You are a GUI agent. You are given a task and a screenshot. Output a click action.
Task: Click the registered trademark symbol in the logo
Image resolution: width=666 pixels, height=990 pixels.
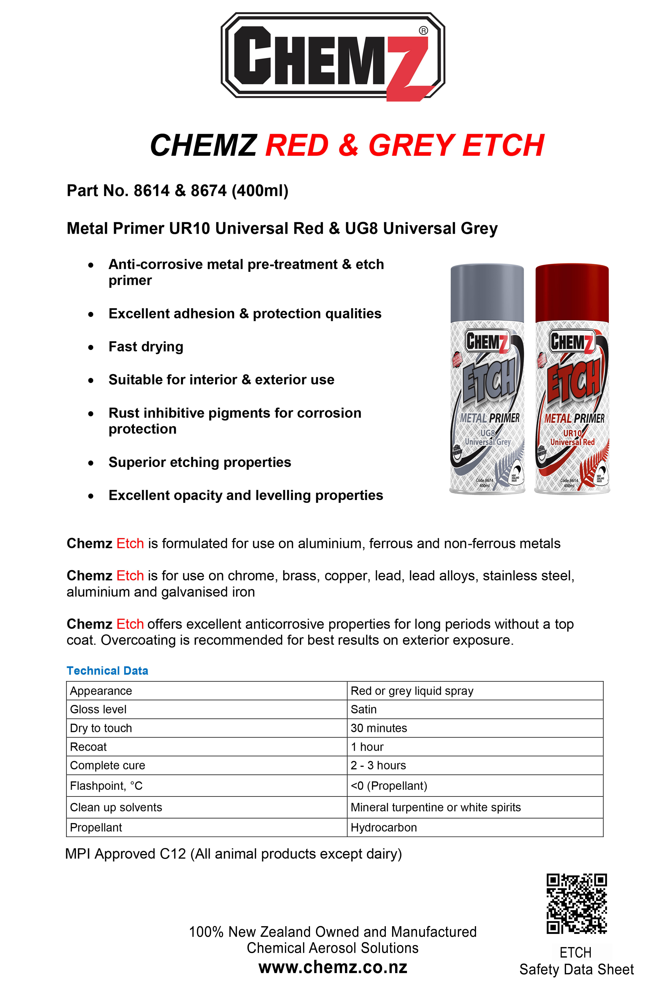423,31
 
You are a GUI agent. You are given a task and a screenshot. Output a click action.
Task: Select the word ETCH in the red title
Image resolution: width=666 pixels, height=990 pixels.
503,145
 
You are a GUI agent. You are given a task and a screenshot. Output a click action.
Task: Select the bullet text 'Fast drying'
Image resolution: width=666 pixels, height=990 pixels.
146,347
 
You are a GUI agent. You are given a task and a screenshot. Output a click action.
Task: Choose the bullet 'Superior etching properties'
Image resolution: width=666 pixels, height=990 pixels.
200,463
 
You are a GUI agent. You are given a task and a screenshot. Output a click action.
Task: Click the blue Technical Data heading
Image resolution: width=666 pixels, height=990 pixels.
107,671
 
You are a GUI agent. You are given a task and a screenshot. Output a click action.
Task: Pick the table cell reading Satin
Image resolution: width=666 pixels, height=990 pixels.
364,709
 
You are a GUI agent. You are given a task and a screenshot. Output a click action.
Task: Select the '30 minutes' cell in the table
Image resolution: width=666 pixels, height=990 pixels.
378,728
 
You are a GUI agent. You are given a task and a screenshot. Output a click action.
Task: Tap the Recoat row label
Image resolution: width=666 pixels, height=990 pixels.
88,747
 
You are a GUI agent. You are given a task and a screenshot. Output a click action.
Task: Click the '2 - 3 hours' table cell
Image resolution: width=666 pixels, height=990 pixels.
378,766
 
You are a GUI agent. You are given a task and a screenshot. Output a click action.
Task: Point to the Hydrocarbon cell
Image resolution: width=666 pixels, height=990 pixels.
384,828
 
